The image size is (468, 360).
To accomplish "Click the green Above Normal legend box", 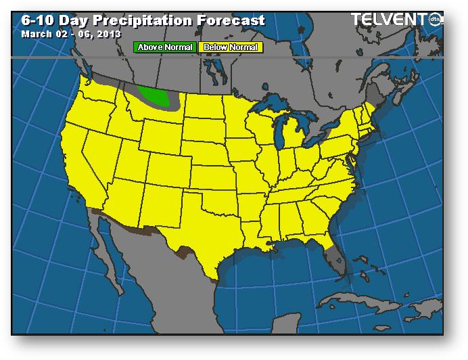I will click(166, 47).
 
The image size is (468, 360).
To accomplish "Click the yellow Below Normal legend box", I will click(230, 47).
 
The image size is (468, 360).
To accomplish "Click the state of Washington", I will click(101, 95).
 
